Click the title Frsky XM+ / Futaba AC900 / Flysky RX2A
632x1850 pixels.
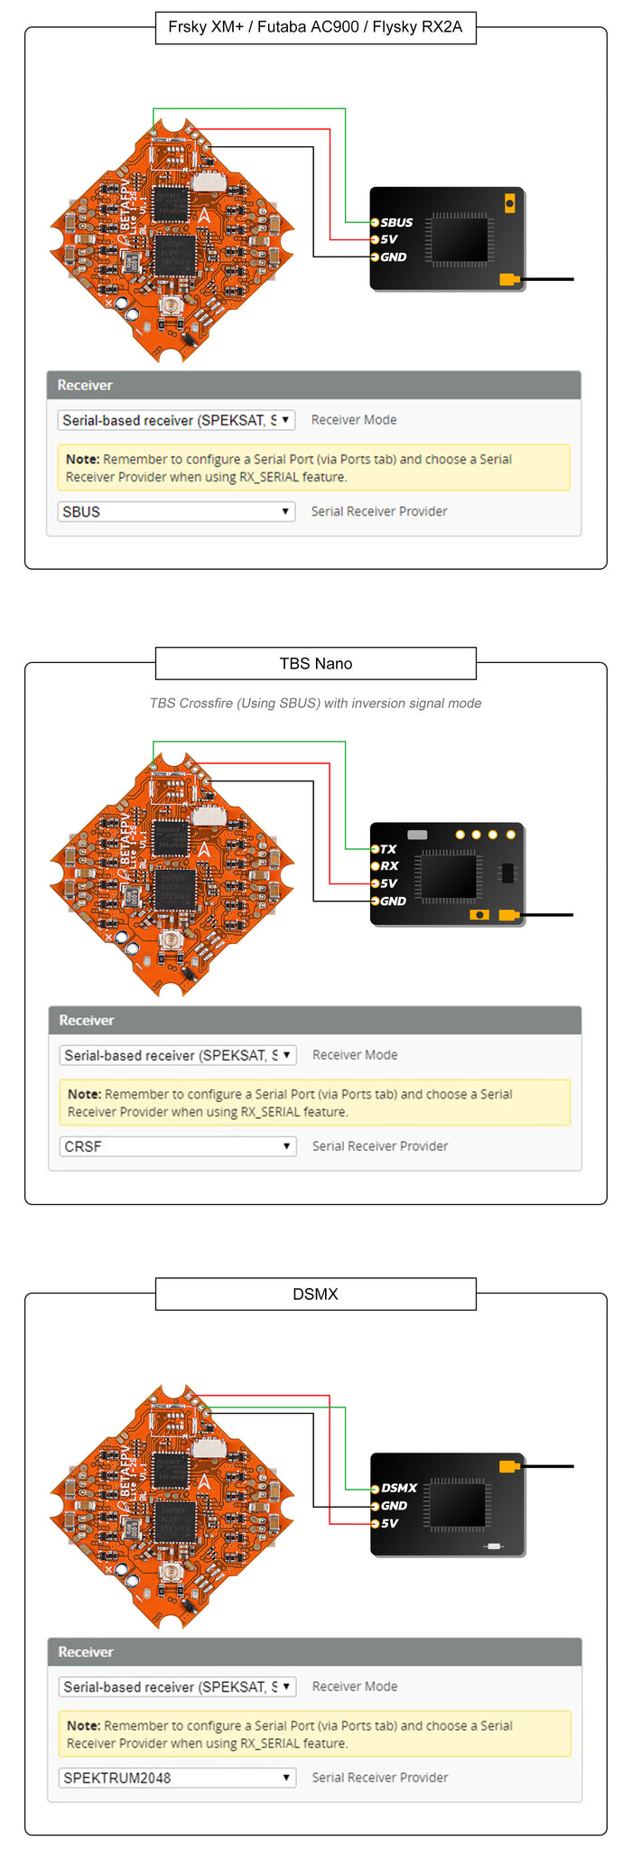click(315, 27)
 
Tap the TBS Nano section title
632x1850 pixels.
click(315, 663)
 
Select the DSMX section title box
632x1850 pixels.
click(315, 1294)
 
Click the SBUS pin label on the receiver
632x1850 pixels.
click(396, 222)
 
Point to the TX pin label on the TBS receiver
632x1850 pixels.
click(388, 849)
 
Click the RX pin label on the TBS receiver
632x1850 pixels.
click(389, 865)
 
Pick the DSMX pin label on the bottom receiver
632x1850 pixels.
click(399, 1488)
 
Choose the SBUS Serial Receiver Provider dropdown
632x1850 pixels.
click(176, 511)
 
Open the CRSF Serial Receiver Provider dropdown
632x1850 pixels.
click(177, 1146)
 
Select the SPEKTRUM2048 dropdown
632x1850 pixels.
click(177, 1778)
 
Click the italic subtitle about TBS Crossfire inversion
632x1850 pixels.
click(315, 703)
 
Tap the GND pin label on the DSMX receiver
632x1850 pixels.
click(394, 1506)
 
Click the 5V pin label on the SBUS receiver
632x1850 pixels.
click(389, 239)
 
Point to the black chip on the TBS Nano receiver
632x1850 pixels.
click(450, 875)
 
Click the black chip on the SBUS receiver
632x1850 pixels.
click(459, 239)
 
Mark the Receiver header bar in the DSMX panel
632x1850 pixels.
click(314, 1652)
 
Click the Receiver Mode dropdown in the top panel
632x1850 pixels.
click(176, 420)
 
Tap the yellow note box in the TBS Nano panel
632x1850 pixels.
click(314, 1103)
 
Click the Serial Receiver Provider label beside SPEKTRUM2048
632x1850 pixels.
click(380, 1778)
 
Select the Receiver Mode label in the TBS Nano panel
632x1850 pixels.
click(355, 1055)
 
